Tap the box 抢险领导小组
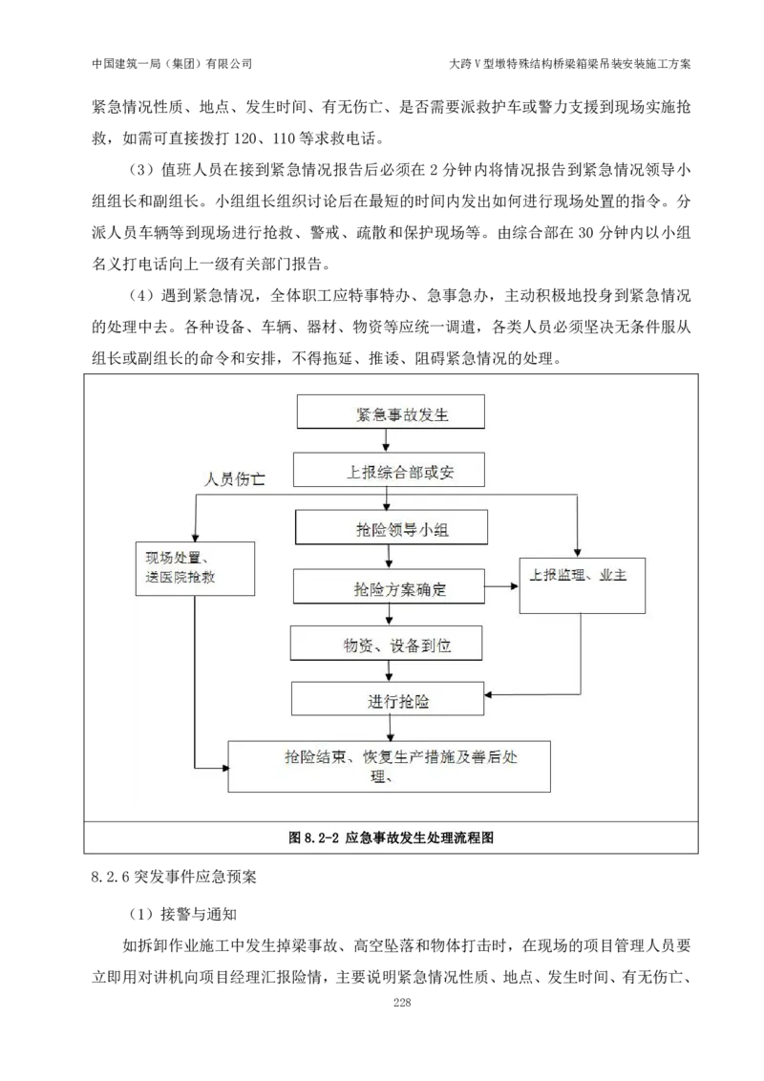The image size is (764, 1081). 392,528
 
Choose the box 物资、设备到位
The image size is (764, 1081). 387,645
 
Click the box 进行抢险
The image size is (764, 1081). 388,700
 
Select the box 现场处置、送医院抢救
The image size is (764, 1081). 195,569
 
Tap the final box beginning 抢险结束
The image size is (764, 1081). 390,765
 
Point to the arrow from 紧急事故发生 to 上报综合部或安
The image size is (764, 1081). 386,440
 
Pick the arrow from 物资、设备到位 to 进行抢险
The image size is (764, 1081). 388,670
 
